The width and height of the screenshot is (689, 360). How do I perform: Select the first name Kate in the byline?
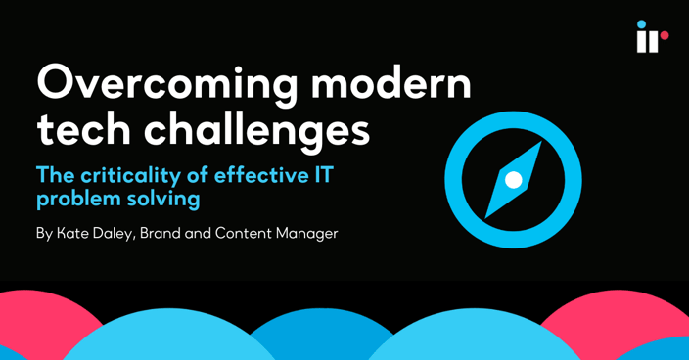(x=74, y=234)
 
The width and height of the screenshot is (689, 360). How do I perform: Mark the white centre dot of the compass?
(x=513, y=180)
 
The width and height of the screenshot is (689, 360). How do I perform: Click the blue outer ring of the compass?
(x=457, y=180)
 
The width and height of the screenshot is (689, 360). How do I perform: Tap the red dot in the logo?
(x=665, y=36)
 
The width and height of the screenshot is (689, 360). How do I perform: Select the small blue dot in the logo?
(x=641, y=24)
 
